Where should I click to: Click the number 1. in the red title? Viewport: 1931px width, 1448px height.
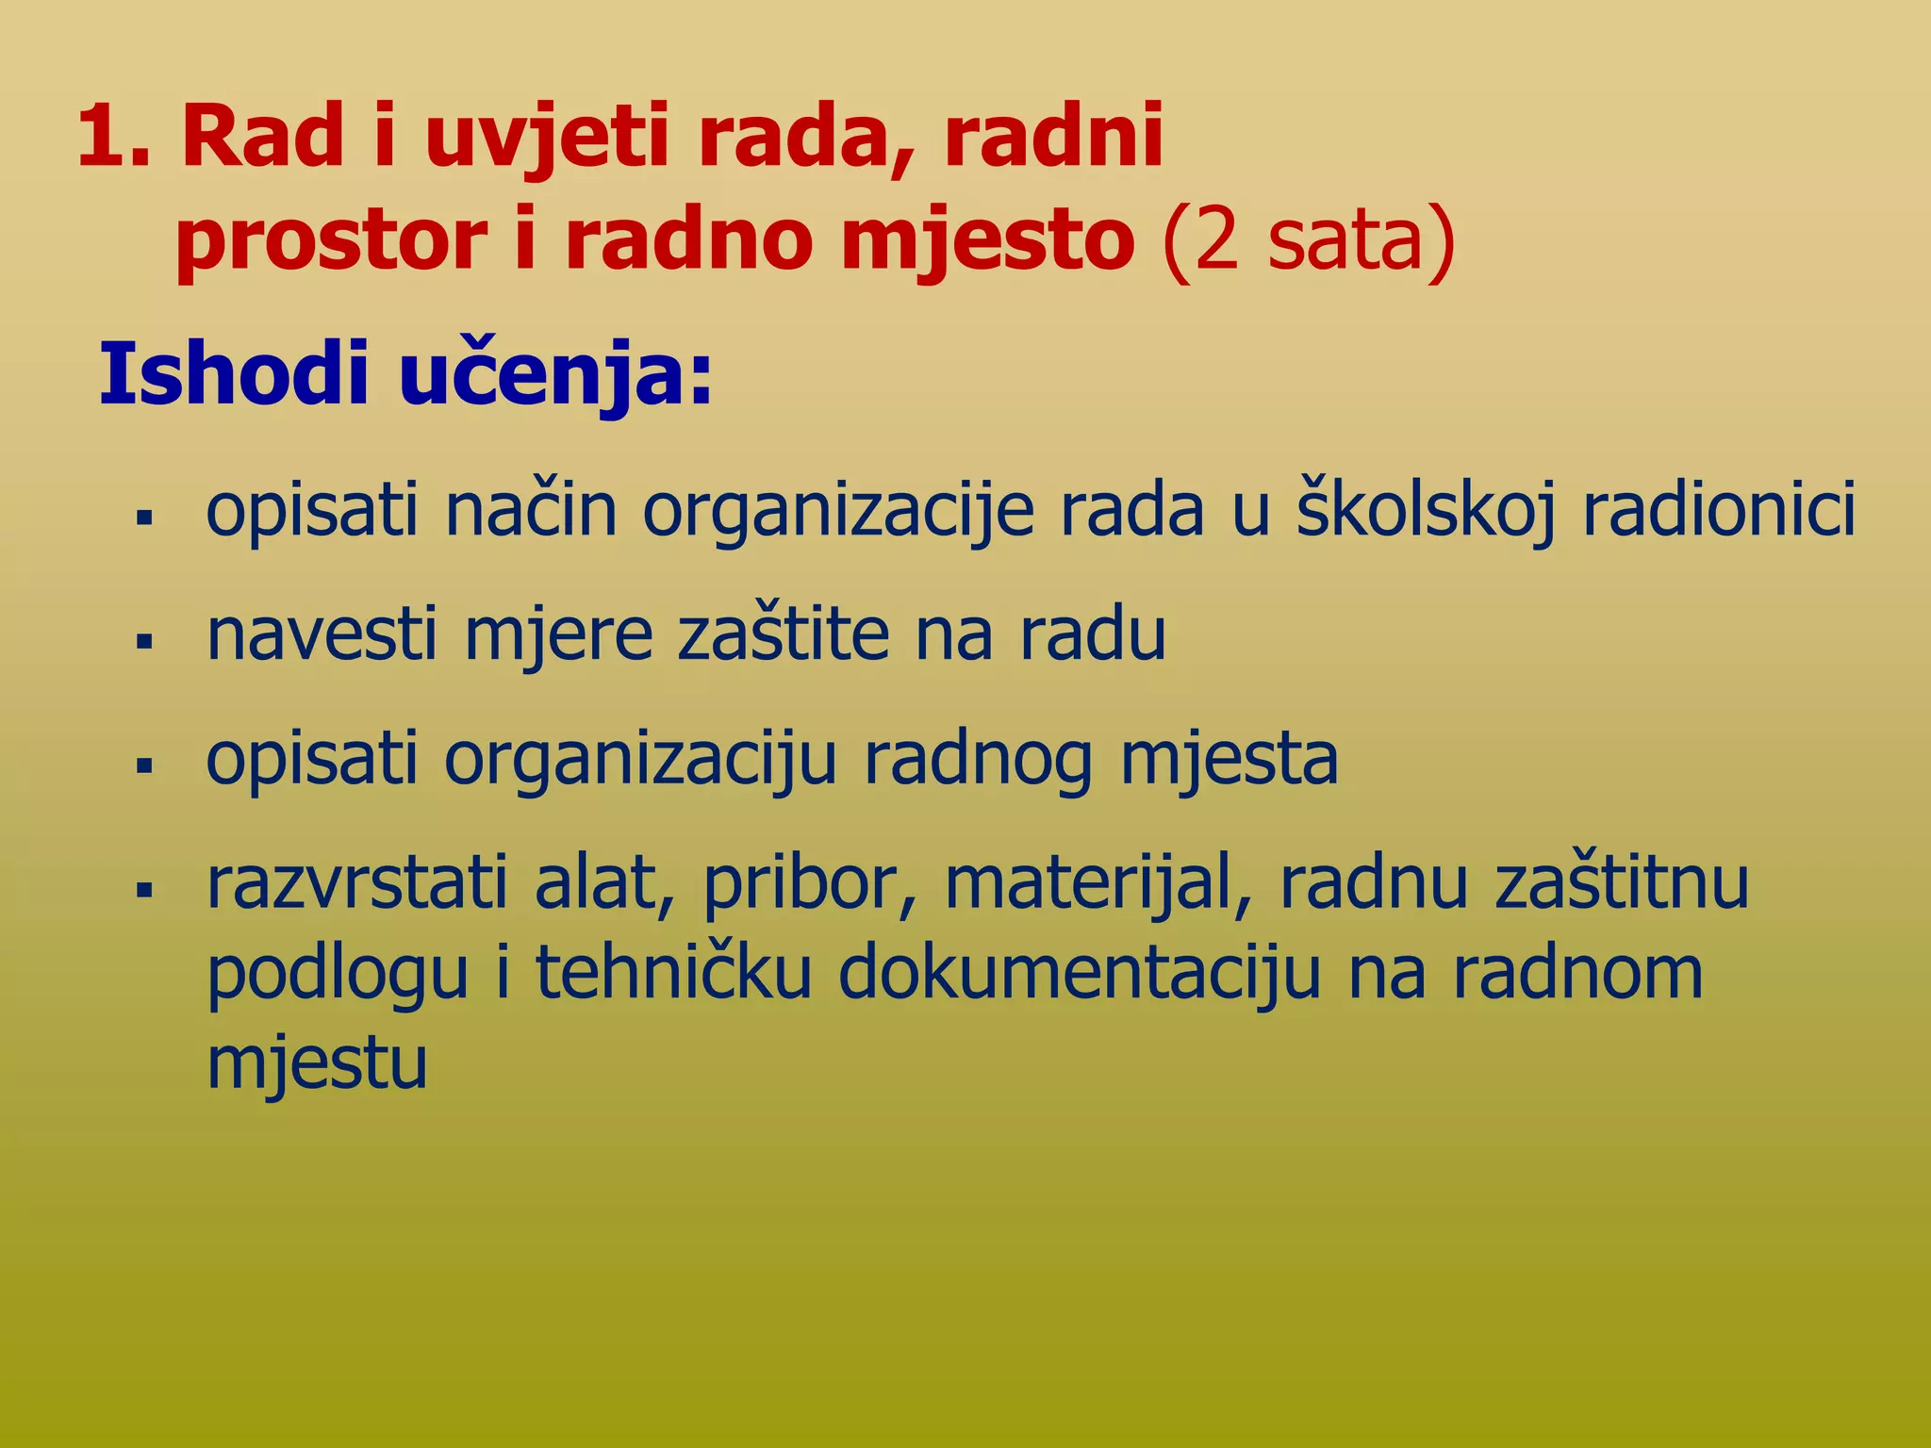pos(114,138)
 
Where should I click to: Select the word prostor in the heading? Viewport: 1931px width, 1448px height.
pos(331,241)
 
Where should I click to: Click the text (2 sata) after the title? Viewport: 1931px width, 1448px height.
pos(1309,240)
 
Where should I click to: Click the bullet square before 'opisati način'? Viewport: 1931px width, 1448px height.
pos(144,518)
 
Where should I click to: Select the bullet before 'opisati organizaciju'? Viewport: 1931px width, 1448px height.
pos(144,765)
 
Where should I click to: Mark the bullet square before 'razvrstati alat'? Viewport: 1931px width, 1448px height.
pos(144,889)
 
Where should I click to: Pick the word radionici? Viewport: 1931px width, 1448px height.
pos(1718,509)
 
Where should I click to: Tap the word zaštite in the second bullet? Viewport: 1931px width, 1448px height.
pos(784,633)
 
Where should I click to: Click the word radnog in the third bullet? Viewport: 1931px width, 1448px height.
pos(978,760)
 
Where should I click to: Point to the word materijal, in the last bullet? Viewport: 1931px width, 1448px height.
pos(1098,882)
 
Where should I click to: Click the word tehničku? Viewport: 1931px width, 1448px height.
pos(673,972)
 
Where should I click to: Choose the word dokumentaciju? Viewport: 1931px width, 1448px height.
pos(1079,972)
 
